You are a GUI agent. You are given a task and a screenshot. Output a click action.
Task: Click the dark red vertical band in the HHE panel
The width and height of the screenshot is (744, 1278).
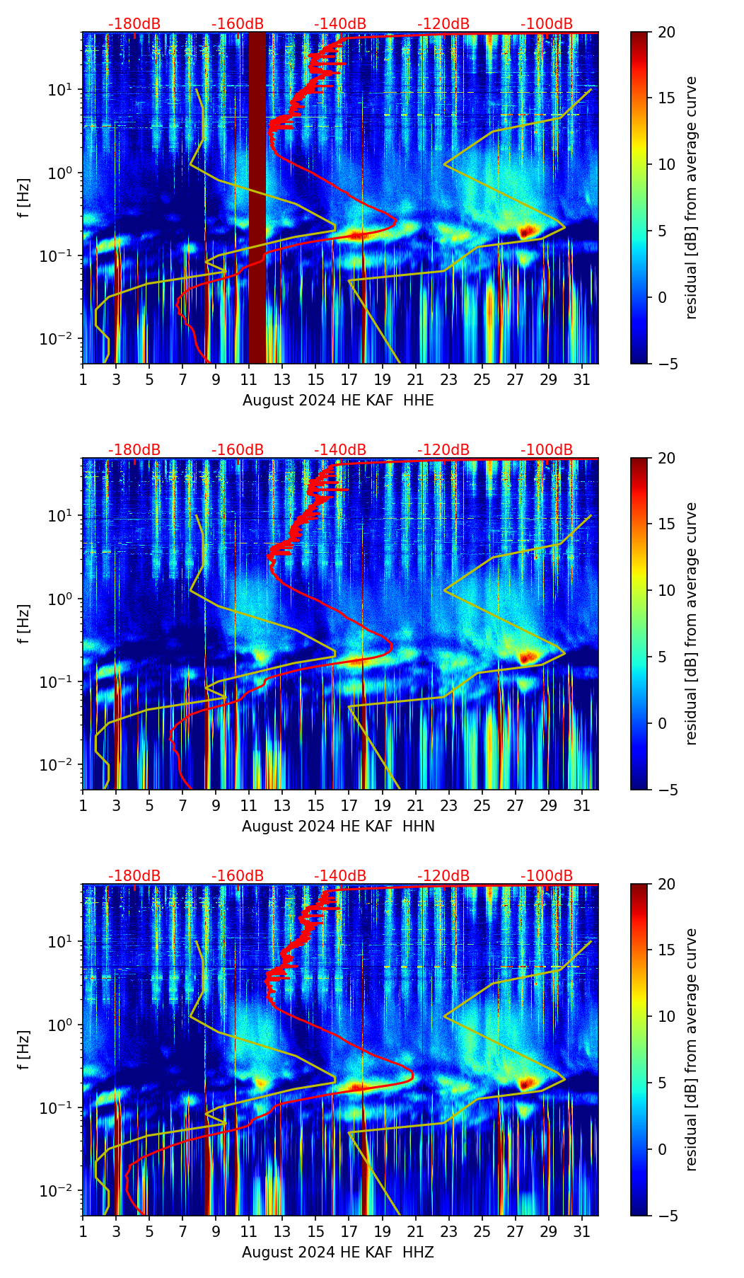(257, 198)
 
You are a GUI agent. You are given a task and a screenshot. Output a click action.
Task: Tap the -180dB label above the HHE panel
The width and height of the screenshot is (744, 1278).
(134, 24)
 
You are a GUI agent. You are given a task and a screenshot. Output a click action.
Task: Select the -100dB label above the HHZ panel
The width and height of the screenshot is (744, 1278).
(547, 876)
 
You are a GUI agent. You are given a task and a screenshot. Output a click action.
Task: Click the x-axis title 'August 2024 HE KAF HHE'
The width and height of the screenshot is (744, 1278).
(338, 401)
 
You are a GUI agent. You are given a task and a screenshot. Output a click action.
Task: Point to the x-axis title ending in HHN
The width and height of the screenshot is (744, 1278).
(338, 827)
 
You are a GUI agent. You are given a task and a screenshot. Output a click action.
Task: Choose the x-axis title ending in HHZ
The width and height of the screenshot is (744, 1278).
(338, 1253)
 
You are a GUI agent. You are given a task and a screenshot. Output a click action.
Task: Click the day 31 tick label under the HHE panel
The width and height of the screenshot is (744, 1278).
(581, 379)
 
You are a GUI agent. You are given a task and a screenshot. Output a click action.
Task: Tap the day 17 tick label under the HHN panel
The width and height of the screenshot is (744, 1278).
(349, 805)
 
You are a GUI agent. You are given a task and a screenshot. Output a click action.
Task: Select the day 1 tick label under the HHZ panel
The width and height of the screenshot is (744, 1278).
(83, 1231)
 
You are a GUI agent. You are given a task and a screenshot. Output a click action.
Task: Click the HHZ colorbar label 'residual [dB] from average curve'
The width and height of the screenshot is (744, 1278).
(691, 1049)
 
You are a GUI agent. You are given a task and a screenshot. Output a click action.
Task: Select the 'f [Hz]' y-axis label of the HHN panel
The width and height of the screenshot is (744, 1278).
(24, 623)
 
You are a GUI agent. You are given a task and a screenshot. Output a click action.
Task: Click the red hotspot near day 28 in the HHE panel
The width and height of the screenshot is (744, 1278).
(526, 231)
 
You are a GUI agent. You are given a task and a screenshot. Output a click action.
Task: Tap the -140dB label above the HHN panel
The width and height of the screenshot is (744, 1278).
(340, 450)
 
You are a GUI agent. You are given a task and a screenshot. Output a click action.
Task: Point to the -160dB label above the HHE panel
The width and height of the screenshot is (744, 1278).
(238, 24)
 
